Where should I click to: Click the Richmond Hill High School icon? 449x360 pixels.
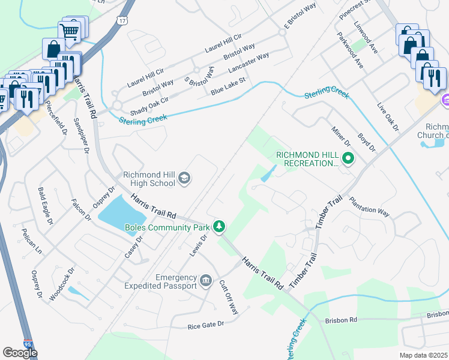click(x=184, y=178)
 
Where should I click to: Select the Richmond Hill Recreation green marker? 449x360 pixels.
click(x=349, y=159)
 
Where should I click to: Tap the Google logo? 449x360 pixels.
click(x=20, y=353)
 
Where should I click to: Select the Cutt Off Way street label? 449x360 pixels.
click(x=229, y=297)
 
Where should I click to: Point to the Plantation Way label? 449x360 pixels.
click(x=370, y=206)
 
